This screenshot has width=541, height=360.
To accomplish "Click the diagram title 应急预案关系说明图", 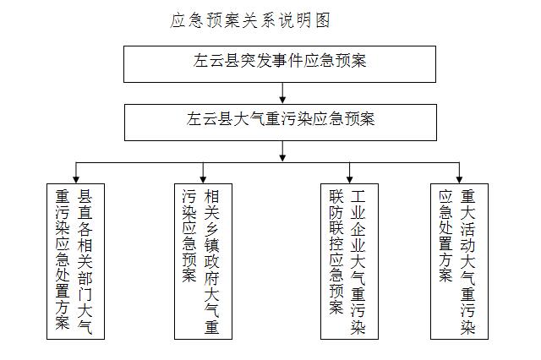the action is click(x=250, y=20).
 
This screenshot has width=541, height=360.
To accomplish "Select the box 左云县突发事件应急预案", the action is click(x=280, y=64).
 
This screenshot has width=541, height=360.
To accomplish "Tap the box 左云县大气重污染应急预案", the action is click(x=281, y=123).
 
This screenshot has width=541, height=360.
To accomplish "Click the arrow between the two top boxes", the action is click(x=282, y=93).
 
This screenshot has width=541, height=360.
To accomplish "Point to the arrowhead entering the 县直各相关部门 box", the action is click(x=76, y=179).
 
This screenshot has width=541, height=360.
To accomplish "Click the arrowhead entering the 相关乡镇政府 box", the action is click(x=203, y=179).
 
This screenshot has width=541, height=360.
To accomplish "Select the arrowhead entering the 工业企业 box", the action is click(x=349, y=179).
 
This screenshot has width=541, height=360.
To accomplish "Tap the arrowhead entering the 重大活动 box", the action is click(x=459, y=179).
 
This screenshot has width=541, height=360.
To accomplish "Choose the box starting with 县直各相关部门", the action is click(x=75, y=261).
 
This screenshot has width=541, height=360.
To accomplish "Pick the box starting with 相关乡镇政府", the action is click(x=203, y=261).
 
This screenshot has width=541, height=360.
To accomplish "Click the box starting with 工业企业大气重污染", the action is click(x=349, y=261).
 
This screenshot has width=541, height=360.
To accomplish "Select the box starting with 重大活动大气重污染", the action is click(x=459, y=261).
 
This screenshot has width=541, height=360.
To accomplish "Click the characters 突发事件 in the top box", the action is click(x=272, y=61).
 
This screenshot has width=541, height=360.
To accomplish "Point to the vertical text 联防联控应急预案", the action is click(x=336, y=252).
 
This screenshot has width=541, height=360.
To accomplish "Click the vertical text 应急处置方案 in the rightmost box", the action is click(x=445, y=236).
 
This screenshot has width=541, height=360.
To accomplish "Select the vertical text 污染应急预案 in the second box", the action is click(x=189, y=236).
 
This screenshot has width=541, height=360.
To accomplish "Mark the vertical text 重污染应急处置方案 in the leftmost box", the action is click(x=63, y=259).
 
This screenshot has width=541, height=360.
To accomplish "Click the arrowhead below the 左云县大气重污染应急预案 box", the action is click(x=282, y=157).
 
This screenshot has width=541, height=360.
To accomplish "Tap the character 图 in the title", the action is click(x=322, y=20).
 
